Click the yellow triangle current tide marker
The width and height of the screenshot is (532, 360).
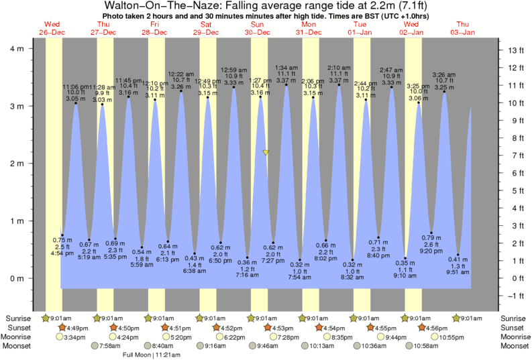266,153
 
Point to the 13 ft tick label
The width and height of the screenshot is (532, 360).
515,50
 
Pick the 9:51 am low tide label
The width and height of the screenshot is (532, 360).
459,272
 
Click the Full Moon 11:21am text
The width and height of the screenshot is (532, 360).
146,355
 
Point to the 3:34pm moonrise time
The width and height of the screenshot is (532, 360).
72,337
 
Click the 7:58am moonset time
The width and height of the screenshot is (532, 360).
113,346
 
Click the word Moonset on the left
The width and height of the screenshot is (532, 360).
19,346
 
